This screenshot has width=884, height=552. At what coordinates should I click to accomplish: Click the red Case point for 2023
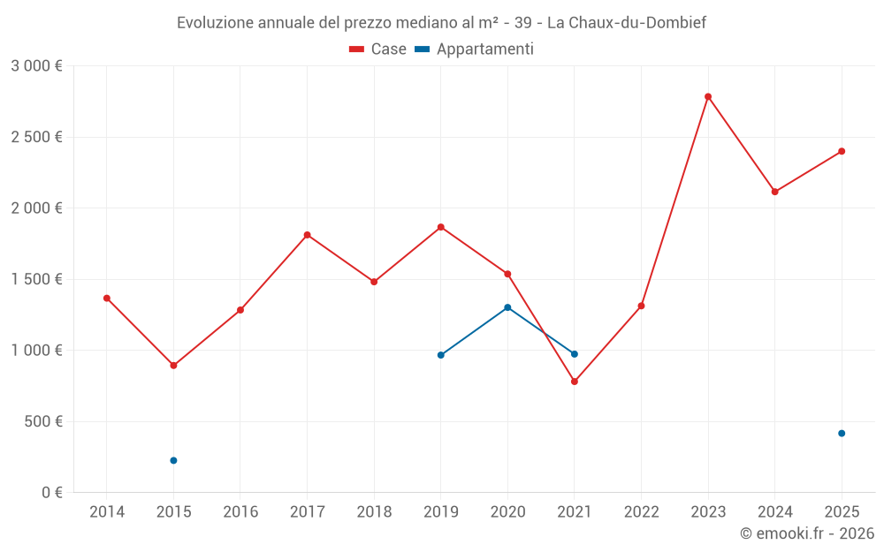(708, 96)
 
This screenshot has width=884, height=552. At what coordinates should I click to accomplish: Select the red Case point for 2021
(575, 382)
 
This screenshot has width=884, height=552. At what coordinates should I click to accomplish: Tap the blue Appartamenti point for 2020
(507, 307)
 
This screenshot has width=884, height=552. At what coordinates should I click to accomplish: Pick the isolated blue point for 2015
(173, 460)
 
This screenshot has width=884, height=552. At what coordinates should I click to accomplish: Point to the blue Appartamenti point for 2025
(842, 433)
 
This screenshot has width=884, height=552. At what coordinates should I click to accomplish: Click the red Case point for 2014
(107, 298)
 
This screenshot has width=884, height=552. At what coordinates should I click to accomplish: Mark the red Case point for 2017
(307, 235)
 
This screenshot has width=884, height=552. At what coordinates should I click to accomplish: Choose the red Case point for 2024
(774, 192)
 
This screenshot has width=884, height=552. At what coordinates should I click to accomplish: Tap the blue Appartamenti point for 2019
(441, 355)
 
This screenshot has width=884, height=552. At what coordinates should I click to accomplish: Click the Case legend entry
(378, 49)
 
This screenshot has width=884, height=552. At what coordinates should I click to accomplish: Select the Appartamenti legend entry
(475, 49)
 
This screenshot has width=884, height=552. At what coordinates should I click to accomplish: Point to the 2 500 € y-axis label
(36, 137)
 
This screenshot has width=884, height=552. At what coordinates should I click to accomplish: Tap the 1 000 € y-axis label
(36, 350)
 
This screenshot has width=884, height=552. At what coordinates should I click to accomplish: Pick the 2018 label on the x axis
(374, 511)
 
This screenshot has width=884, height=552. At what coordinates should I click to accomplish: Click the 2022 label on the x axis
(641, 511)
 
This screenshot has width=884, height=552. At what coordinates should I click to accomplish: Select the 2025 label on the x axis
(842, 511)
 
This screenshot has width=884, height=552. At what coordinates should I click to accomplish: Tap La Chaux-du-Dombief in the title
(626, 23)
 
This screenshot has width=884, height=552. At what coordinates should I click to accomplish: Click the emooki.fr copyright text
(807, 533)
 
